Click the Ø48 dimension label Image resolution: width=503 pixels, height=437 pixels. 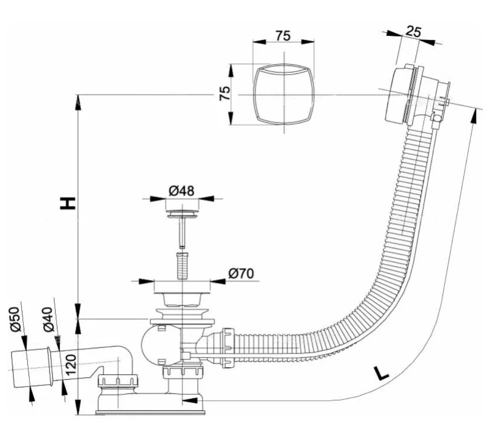click(181, 190)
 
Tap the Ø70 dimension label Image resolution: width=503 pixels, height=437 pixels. click(241, 274)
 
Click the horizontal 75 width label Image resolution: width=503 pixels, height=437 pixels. click(283, 36)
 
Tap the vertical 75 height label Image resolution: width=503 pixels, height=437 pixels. click(225, 94)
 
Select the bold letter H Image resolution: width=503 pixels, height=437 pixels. click(68, 203)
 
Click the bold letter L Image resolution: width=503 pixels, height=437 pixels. click(381, 374)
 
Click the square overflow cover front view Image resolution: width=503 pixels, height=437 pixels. click(283, 94)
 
